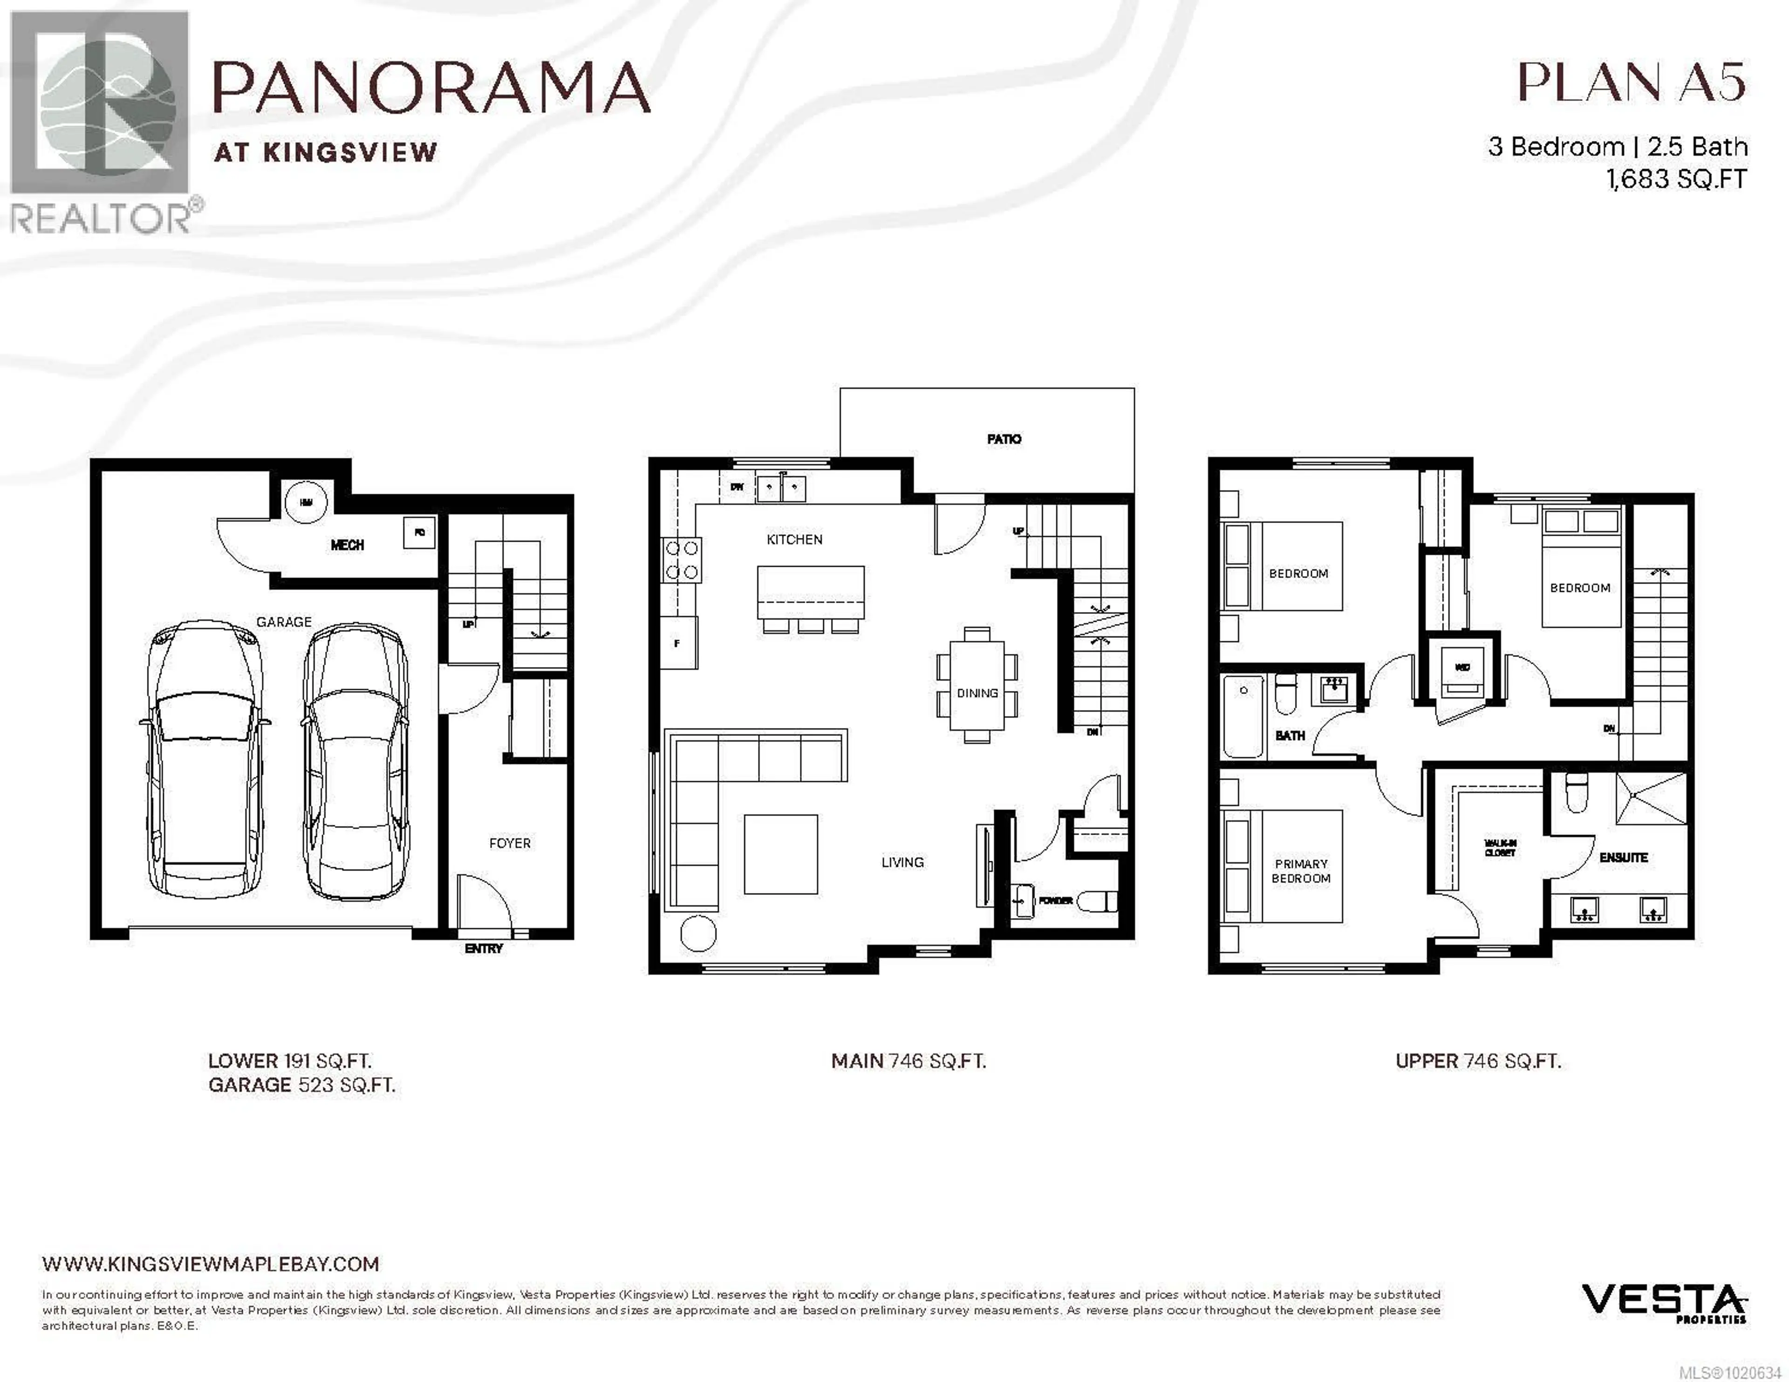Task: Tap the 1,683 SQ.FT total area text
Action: click(1676, 178)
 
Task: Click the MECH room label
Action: click(347, 545)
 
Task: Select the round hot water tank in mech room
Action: click(306, 501)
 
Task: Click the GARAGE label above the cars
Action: click(283, 622)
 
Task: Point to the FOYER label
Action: click(510, 843)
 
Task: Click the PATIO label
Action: click(1004, 439)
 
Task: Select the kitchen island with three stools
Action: click(810, 592)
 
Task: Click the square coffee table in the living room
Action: click(781, 854)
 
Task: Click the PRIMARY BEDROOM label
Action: click(1301, 871)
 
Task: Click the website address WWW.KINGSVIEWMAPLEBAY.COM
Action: click(211, 1264)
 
